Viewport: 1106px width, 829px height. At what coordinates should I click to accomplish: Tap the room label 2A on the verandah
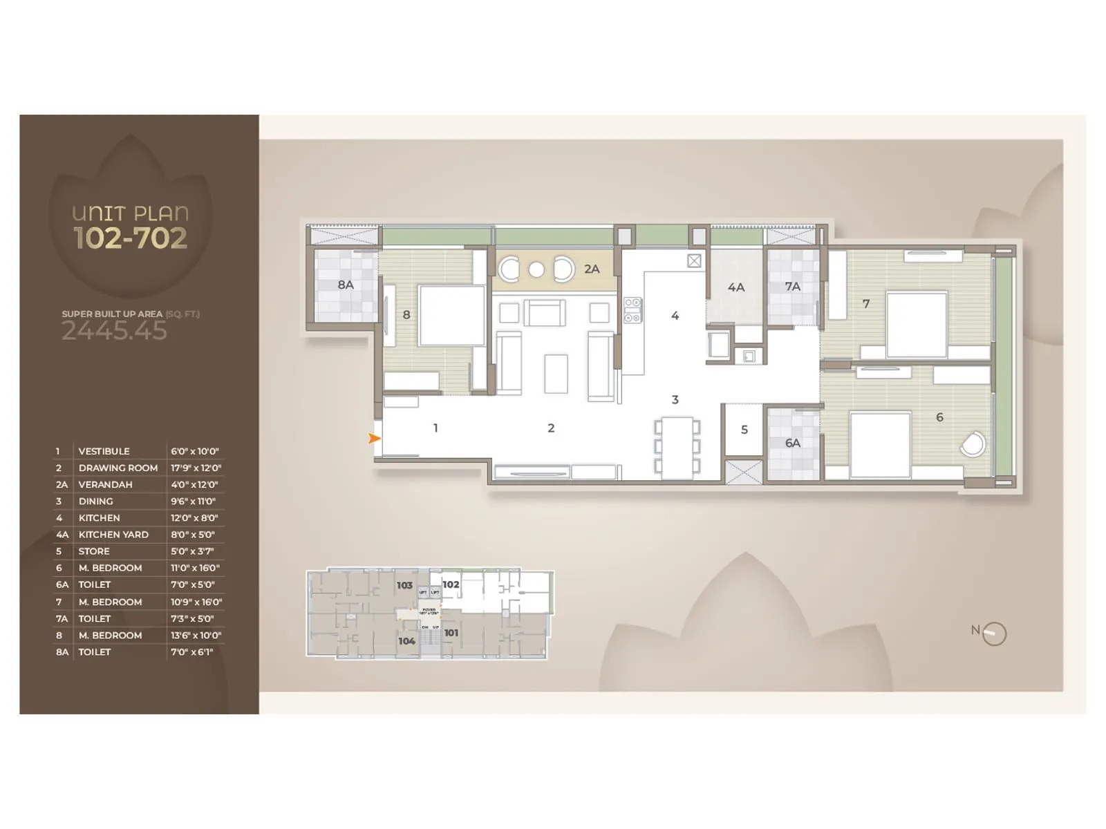pyautogui.click(x=592, y=269)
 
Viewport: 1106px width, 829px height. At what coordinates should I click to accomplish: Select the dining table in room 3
pyautogui.click(x=677, y=447)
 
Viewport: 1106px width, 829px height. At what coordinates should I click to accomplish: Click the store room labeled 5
pyautogui.click(x=744, y=429)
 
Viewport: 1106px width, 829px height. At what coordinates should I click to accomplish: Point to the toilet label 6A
pyautogui.click(x=792, y=443)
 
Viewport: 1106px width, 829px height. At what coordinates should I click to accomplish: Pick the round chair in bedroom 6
pyautogui.click(x=973, y=444)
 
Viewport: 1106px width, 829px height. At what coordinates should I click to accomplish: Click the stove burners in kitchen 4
pyautogui.click(x=632, y=310)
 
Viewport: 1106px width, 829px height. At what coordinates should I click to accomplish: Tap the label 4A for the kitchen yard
pyautogui.click(x=735, y=287)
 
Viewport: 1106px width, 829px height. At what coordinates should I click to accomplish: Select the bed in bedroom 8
pyautogui.click(x=451, y=315)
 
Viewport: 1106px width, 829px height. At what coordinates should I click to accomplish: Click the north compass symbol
pyautogui.click(x=993, y=633)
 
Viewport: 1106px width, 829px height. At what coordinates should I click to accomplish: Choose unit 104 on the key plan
pyautogui.click(x=406, y=641)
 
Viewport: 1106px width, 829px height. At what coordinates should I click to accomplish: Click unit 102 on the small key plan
pyautogui.click(x=451, y=584)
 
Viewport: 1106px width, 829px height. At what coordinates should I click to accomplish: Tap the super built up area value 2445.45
pyautogui.click(x=114, y=331)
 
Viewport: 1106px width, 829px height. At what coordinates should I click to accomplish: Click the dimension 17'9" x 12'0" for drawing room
pyautogui.click(x=196, y=468)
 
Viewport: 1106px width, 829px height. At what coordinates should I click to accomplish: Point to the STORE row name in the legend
pyautogui.click(x=94, y=551)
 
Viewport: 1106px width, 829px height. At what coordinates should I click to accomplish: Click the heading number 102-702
pyautogui.click(x=131, y=238)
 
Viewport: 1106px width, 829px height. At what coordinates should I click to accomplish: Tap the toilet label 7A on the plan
pyautogui.click(x=792, y=286)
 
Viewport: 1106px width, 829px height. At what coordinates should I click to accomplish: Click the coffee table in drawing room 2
pyautogui.click(x=556, y=374)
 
